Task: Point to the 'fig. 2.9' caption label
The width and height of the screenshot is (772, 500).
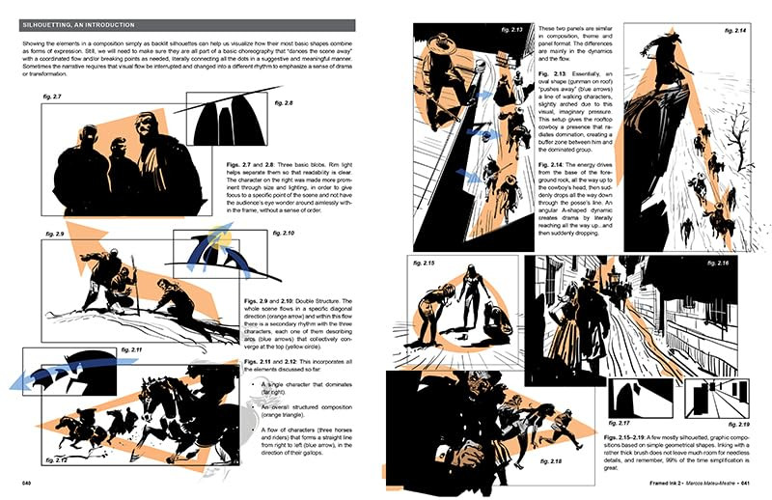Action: click(x=53, y=235)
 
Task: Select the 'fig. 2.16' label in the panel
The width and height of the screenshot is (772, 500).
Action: click(x=731, y=263)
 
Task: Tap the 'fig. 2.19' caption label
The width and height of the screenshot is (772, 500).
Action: click(x=738, y=424)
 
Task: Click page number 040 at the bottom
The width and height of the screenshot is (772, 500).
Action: click(x=28, y=484)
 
